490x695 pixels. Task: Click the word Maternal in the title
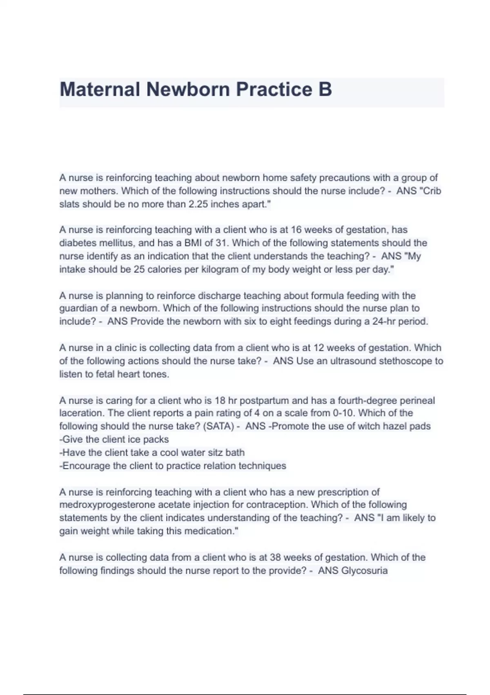click(x=100, y=90)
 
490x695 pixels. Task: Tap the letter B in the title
click(x=325, y=90)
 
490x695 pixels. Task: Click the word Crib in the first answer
click(x=432, y=191)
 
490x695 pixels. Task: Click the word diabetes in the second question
click(x=76, y=243)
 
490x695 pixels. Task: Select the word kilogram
click(x=218, y=269)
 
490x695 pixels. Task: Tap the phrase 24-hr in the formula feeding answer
click(x=383, y=321)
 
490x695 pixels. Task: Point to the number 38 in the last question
click(x=275, y=557)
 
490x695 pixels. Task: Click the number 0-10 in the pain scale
click(x=343, y=413)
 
